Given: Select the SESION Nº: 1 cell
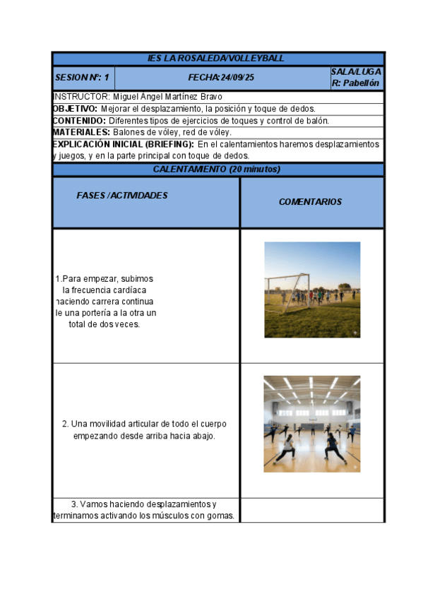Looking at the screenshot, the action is point(82,78).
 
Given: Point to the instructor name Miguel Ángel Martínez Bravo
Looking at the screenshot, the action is point(167,97).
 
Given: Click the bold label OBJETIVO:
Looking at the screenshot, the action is point(75,109).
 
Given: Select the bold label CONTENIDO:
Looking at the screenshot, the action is point(78,121).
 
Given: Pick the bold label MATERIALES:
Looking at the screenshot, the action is point(81,132).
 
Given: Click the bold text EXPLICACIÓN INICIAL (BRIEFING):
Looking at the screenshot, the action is point(123,144).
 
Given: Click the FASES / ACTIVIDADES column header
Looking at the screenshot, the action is point(122,196).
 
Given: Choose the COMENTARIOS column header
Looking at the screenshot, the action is point(310,202).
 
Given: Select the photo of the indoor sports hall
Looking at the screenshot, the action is point(311,424).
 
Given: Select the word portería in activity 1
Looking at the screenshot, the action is point(100,313).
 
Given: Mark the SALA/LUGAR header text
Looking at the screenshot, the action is point(356,72).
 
